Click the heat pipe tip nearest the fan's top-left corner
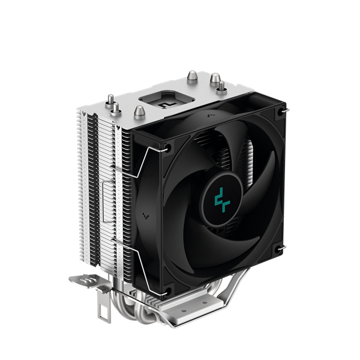[138, 111]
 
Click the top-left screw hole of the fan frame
[166, 146]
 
